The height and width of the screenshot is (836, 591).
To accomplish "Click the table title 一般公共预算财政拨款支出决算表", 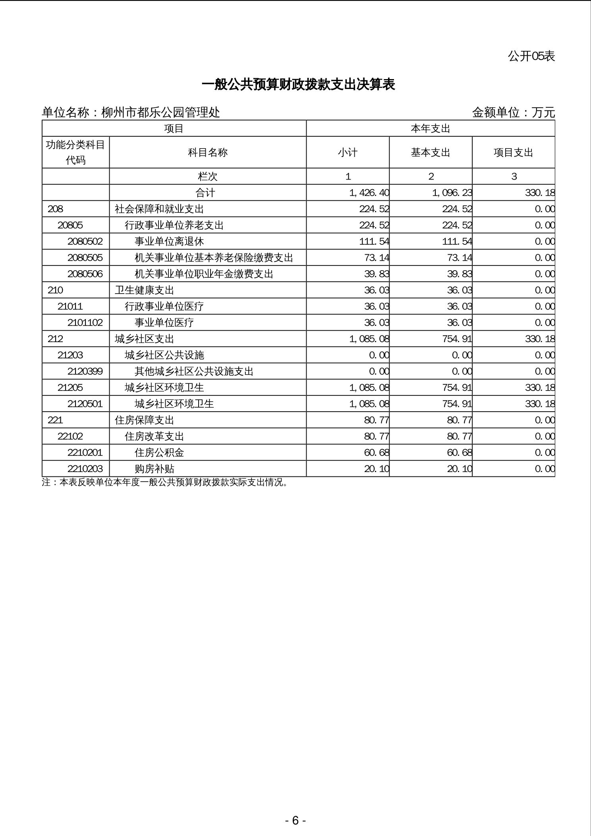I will (298, 85).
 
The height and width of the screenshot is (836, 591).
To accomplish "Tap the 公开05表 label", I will (531, 56).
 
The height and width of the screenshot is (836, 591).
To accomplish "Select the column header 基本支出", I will (431, 153).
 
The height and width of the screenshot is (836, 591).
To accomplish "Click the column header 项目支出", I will (513, 153).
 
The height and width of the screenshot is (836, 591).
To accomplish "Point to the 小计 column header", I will (348, 153).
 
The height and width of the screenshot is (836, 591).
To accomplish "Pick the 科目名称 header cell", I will (208, 153).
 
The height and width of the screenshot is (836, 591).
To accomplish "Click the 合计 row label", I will (205, 193).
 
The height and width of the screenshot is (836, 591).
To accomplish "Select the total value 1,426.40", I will (369, 193).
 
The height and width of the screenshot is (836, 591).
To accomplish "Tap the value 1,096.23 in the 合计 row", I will (452, 193).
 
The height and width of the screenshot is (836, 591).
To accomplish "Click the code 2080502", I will (85, 242).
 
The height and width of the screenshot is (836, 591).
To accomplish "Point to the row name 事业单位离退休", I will (169, 242).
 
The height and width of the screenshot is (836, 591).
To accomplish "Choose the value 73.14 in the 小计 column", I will (377, 258).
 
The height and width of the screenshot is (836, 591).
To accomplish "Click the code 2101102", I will (85, 323).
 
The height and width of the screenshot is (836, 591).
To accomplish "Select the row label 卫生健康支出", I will (145, 290).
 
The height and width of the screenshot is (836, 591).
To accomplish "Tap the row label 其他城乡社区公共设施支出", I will (194, 372).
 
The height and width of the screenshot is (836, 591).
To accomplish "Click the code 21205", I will (70, 388).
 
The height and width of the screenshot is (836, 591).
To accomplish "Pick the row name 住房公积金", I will (159, 453).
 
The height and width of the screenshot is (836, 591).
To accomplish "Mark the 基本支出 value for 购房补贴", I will (460, 469).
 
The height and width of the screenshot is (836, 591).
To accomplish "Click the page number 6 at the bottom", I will (295, 821).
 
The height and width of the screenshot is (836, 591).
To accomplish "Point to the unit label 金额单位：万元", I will (513, 113).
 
